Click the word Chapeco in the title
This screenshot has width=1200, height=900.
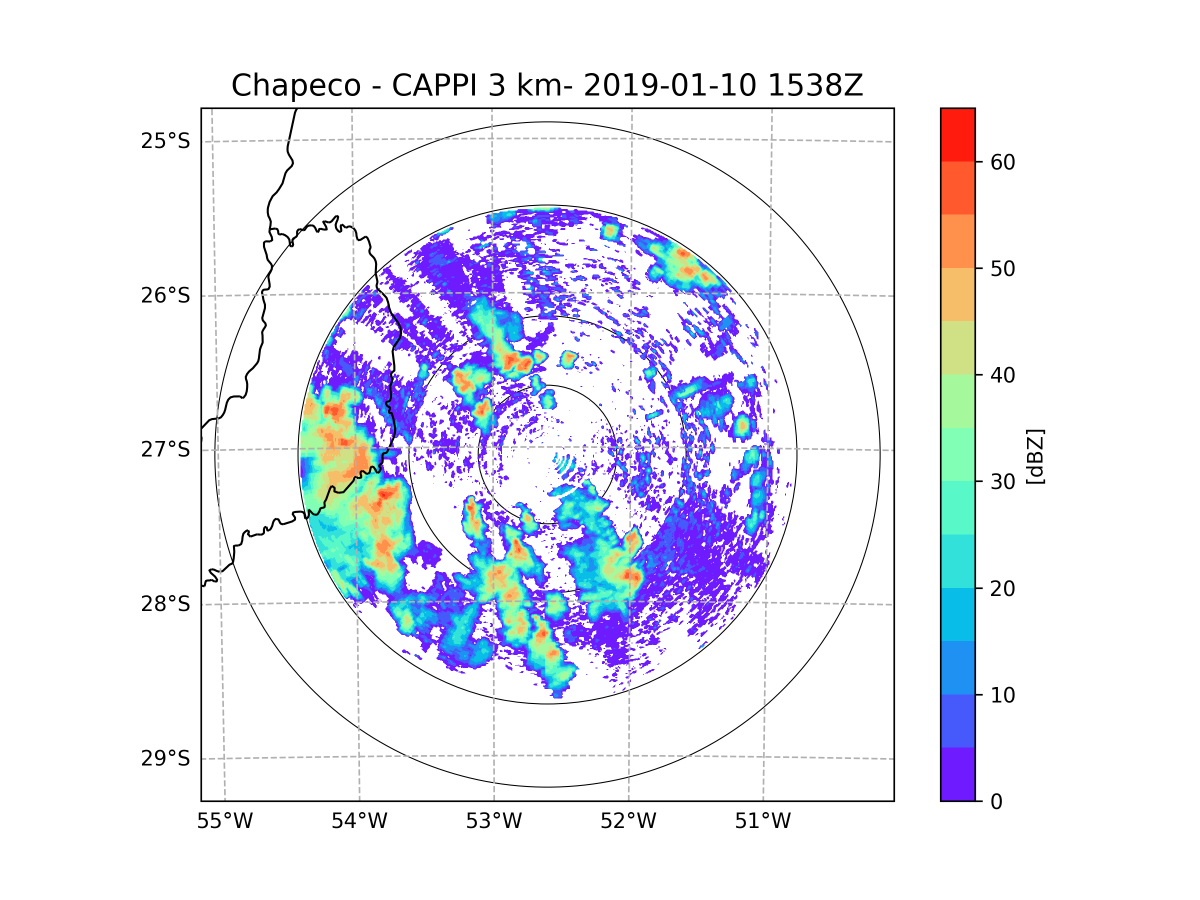tap(295, 85)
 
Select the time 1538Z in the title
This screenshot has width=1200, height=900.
tap(815, 85)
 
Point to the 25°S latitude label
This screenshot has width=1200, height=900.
tap(165, 141)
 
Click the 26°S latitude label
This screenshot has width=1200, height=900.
tap(165, 295)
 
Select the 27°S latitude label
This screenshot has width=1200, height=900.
tap(165, 449)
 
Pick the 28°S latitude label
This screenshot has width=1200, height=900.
tap(165, 604)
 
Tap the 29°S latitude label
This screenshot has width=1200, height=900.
tap(165, 758)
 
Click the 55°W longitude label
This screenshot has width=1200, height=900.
tap(224, 821)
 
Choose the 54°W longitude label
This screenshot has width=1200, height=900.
tap(359, 821)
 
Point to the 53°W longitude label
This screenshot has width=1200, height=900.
tap(493, 821)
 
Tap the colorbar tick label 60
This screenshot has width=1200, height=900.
tap(1002, 162)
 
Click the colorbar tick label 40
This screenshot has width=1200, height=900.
tap(1002, 375)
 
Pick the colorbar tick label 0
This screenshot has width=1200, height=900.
tap(996, 802)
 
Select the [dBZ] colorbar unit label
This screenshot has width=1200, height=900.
tap(1035, 456)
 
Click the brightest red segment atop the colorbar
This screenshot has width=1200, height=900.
tap(957, 134)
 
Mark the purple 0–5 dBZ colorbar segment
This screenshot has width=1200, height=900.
tap(957, 774)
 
